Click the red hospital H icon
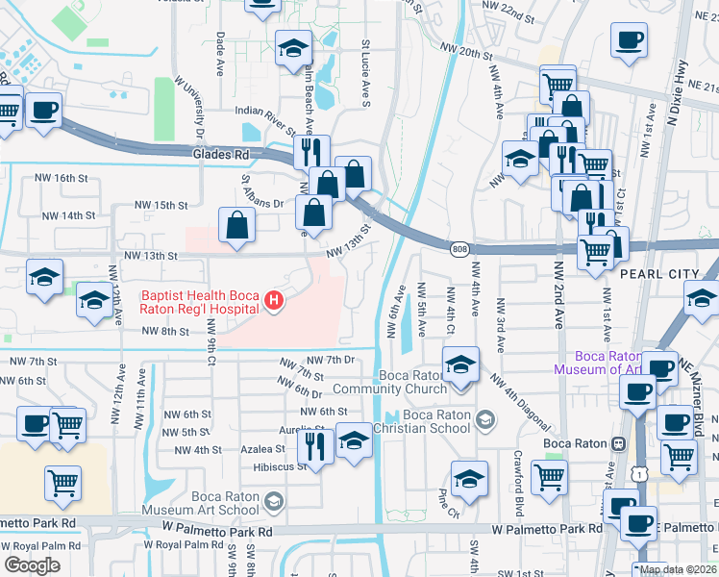coord(275,302)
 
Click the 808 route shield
coord(459,249)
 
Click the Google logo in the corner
coord(32,564)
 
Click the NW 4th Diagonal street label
coord(520,402)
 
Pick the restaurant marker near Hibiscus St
coord(316,443)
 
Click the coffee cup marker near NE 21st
coord(629,40)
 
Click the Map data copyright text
coord(678,569)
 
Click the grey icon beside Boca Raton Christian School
coord(486,419)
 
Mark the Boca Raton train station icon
coord(618,443)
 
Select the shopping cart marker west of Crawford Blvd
coord(549,475)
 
